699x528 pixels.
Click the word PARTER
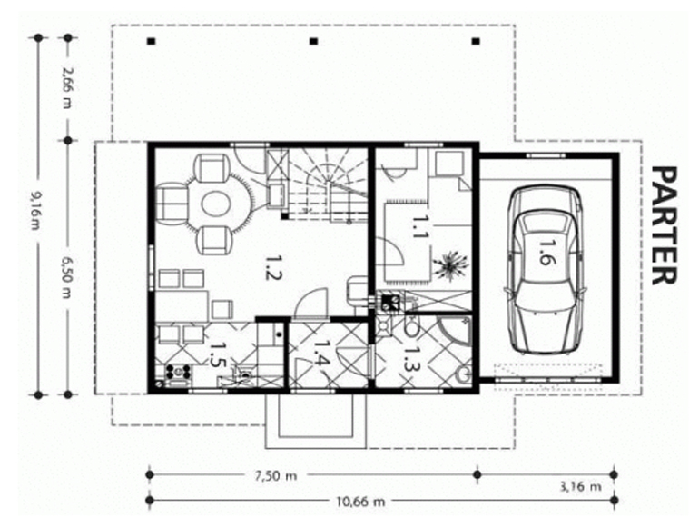pos(664,226)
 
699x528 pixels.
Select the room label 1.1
pos(418,227)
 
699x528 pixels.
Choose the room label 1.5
pos(216,354)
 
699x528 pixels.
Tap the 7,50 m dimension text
pos(276,476)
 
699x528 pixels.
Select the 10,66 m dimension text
pos(360,502)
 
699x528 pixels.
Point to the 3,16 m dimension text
pos(580,486)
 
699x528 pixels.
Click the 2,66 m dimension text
pos(67,87)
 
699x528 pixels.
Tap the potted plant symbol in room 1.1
pos(451,264)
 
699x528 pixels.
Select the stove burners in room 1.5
pos(178,372)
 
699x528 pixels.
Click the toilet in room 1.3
pos(411,326)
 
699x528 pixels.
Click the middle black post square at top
pos(314,42)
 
